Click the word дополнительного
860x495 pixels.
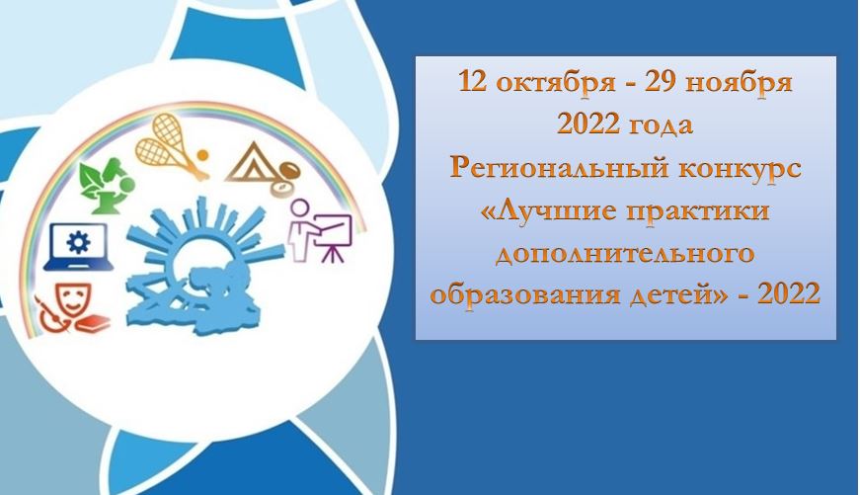[x=625, y=254]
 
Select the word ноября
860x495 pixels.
[x=739, y=83]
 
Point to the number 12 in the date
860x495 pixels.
[x=473, y=82]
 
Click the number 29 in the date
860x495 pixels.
[x=661, y=82]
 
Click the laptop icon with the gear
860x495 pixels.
[x=78, y=246]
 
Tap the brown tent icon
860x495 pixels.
[x=250, y=162]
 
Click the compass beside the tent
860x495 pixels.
[x=286, y=177]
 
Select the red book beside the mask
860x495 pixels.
[x=93, y=323]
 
